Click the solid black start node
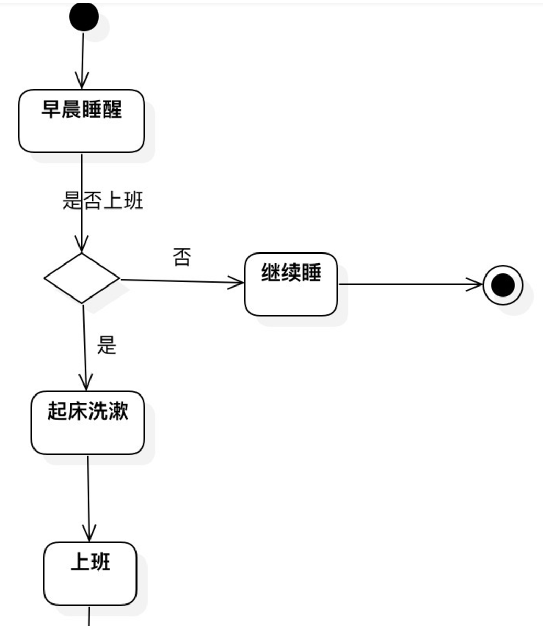click(x=84, y=17)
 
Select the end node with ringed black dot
click(x=503, y=285)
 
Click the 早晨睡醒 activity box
click(x=82, y=122)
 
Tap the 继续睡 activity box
click(x=291, y=284)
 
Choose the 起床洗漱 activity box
click(x=87, y=423)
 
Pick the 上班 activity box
click(x=90, y=574)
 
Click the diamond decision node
click(x=82, y=278)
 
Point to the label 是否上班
click(x=103, y=201)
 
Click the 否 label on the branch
click(x=182, y=257)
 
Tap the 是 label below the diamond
click(x=107, y=345)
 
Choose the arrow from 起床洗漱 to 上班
click(x=89, y=498)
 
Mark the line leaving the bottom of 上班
click(x=90, y=616)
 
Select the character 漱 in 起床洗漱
click(x=118, y=411)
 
